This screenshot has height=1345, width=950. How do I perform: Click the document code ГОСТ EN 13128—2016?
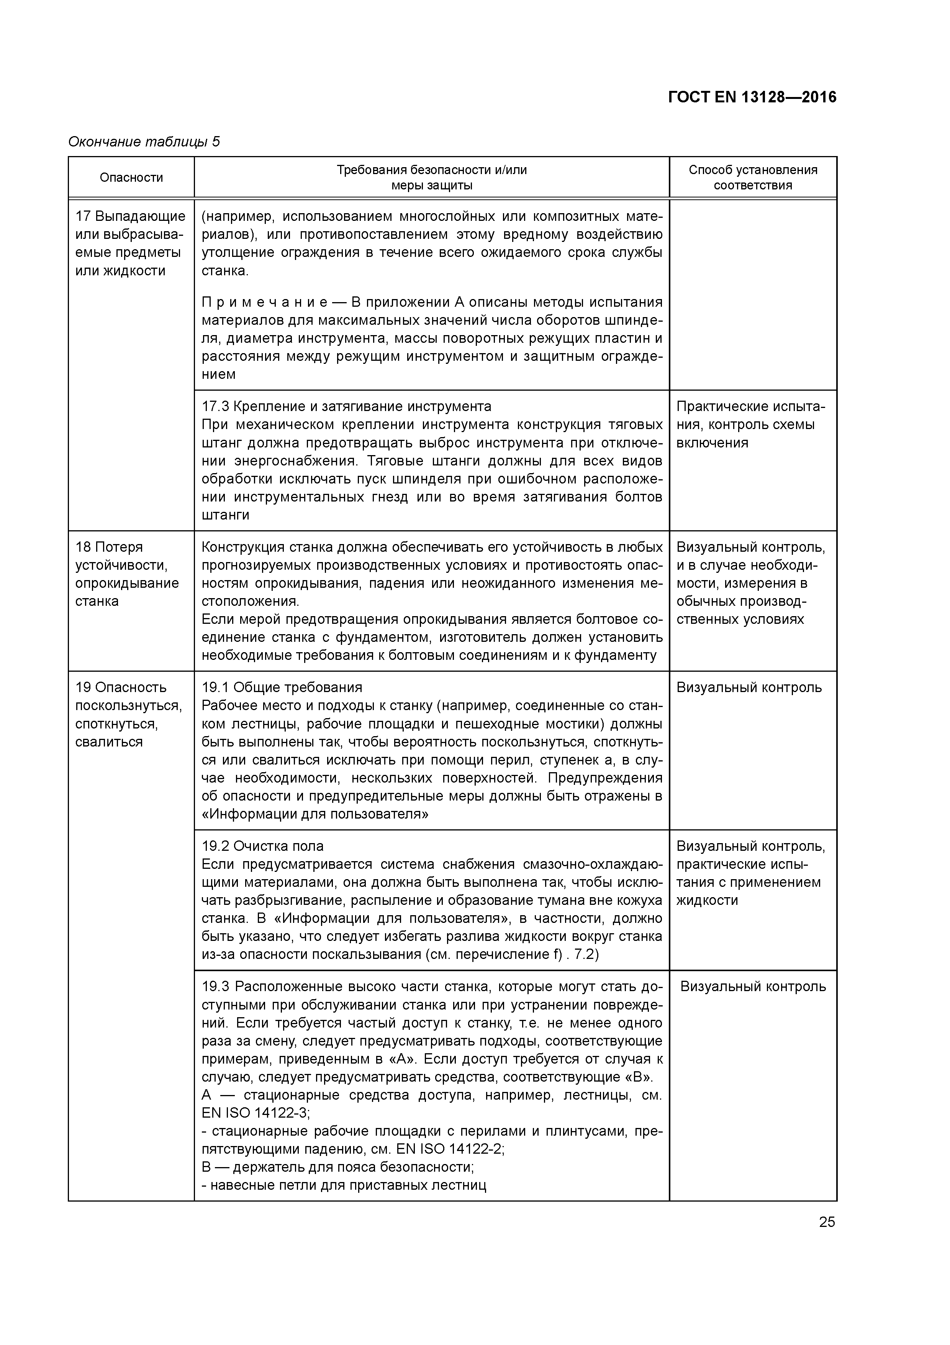pyautogui.click(x=752, y=97)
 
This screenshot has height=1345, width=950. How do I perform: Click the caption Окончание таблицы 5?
pyautogui.click(x=144, y=142)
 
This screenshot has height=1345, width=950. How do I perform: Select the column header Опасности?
pyautogui.click(x=131, y=178)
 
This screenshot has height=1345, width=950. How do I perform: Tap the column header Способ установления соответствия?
pyautogui.click(x=753, y=178)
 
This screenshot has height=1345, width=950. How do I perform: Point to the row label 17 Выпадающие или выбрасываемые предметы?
pyautogui.click(x=130, y=243)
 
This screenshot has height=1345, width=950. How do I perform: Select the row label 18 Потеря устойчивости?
pyautogui.click(x=126, y=574)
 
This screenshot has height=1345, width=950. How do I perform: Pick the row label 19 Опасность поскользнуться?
pyautogui.click(x=128, y=714)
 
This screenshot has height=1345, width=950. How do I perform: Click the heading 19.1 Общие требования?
pyautogui.click(x=282, y=687)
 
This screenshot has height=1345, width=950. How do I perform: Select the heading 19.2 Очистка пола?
pyautogui.click(x=263, y=846)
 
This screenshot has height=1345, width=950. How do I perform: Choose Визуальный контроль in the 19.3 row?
pyautogui.click(x=753, y=987)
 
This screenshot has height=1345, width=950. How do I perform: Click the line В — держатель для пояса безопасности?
pyautogui.click(x=338, y=1167)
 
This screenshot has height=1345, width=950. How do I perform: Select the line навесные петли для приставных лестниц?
pyautogui.click(x=344, y=1185)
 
